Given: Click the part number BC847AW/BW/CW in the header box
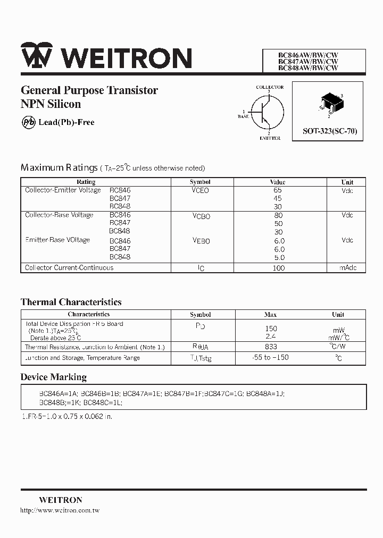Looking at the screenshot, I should pos(309,61).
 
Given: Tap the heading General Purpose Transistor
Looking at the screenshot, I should pos(89,90).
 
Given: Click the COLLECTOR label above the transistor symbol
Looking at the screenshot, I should pos(270,87).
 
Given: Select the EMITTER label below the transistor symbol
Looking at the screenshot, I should pos(270,138).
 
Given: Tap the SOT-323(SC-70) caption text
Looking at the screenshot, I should pos(330,131).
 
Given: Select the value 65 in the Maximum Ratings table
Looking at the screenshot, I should pos(277,190).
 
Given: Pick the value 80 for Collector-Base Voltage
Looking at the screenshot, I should pos(278,215).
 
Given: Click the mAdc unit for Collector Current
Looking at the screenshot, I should pos(348,268).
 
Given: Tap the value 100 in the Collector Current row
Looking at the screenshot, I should pos(278,268).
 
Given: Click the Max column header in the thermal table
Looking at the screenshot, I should pos(270,314).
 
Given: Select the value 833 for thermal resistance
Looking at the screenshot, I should pos(271,347).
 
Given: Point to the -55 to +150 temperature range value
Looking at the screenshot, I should pos(270,358).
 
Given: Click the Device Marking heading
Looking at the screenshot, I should pos(53,377).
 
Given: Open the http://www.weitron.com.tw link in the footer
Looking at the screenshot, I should pos(60,510).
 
